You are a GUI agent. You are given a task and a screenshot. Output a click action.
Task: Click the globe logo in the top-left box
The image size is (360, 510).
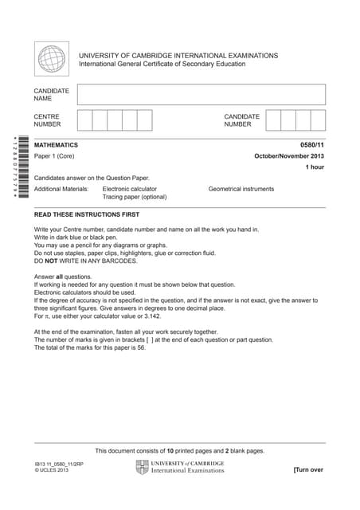point(52,59)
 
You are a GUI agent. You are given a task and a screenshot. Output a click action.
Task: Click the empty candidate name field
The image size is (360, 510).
point(202,95)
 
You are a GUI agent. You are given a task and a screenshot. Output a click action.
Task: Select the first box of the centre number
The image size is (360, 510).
point(85,120)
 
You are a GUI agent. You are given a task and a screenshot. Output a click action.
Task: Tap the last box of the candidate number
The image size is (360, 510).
point(318,120)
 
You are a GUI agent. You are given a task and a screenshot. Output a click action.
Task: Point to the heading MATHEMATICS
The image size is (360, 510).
point(57,145)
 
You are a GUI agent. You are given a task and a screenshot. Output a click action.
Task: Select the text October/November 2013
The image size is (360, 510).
point(289,156)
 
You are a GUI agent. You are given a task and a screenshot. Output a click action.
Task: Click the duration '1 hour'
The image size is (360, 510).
point(315,167)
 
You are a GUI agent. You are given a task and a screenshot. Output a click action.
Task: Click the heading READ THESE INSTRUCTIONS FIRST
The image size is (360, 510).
point(87,215)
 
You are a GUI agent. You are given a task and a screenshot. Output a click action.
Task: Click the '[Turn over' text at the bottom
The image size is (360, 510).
point(308,470)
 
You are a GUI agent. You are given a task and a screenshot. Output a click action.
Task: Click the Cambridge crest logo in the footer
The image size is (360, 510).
point(142,467)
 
